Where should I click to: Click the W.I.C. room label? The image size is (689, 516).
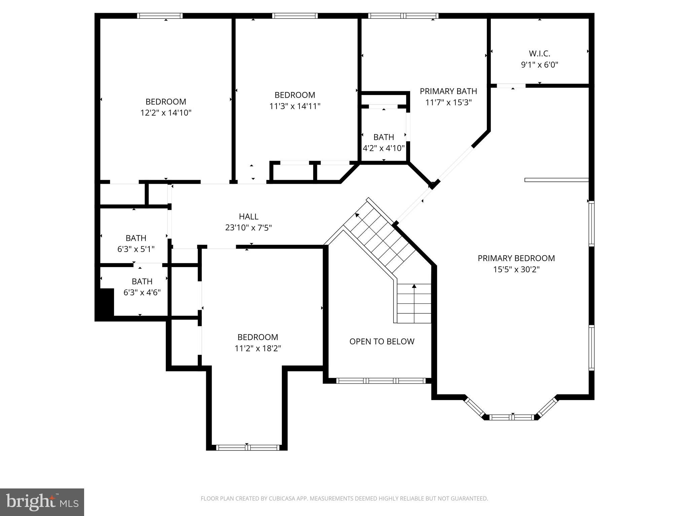click(539, 53)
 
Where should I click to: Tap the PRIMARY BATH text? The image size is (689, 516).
click(448, 91)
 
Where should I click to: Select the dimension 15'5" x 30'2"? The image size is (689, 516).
click(516, 269)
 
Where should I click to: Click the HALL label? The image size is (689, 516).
click(249, 216)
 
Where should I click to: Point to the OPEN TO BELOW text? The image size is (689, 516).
click(382, 341)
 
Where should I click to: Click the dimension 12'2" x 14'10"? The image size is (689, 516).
click(166, 113)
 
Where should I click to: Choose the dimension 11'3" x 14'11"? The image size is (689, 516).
click(295, 106)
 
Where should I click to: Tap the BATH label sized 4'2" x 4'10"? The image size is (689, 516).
click(384, 137)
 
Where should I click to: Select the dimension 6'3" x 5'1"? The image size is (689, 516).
click(136, 249)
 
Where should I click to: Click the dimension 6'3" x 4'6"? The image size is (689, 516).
click(142, 292)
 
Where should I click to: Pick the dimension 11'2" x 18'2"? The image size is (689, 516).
click(258, 348)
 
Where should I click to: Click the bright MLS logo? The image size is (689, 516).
click(42, 502)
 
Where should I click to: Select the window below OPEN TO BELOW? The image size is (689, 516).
click(381, 381)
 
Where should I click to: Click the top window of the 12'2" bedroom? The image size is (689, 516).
click(160, 16)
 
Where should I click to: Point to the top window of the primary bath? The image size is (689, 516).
click(403, 16)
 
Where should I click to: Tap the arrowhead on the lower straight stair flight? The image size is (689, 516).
click(414, 286)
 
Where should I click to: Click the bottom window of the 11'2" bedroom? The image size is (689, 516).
click(248, 447)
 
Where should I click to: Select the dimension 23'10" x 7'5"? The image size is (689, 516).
click(248, 228)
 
